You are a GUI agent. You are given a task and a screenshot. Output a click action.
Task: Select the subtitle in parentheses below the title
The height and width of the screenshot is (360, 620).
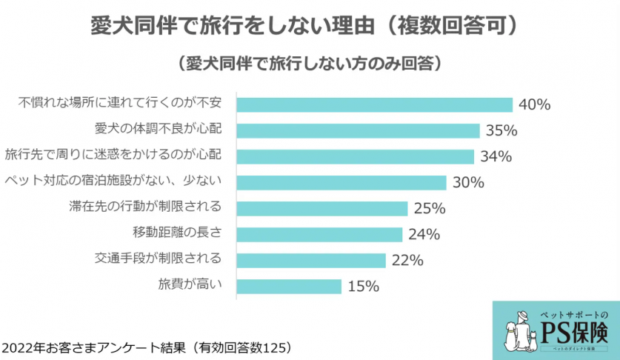click(310, 63)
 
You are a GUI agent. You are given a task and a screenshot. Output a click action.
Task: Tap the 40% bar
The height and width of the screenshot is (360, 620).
click(374, 104)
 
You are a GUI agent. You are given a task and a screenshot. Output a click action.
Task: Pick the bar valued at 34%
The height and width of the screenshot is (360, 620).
click(355, 156)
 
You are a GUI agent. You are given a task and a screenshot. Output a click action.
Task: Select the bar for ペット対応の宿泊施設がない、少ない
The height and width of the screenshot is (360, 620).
click(341, 182)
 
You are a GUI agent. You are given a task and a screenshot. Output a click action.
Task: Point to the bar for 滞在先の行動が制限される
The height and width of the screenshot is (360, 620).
click(322, 208)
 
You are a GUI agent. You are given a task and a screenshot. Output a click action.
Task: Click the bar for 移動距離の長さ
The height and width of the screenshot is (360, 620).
click(319, 234)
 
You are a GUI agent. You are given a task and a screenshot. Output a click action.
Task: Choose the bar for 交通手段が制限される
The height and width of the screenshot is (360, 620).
click(311, 260)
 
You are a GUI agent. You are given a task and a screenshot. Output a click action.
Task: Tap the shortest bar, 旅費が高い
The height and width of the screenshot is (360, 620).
click(289, 286)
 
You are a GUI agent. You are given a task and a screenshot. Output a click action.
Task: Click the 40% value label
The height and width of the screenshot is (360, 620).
click(534, 104)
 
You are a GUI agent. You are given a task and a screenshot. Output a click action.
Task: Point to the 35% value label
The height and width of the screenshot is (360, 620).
click(501, 130)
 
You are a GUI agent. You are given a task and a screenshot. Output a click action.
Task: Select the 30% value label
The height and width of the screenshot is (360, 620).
click(468, 182)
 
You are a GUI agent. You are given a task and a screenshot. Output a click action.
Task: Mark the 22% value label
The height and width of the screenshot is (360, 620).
click(407, 260)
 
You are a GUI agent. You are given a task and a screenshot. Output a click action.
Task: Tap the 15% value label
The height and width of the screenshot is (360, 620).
click(364, 286)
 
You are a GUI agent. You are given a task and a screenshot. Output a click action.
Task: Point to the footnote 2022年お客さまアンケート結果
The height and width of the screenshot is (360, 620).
click(145, 347)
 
